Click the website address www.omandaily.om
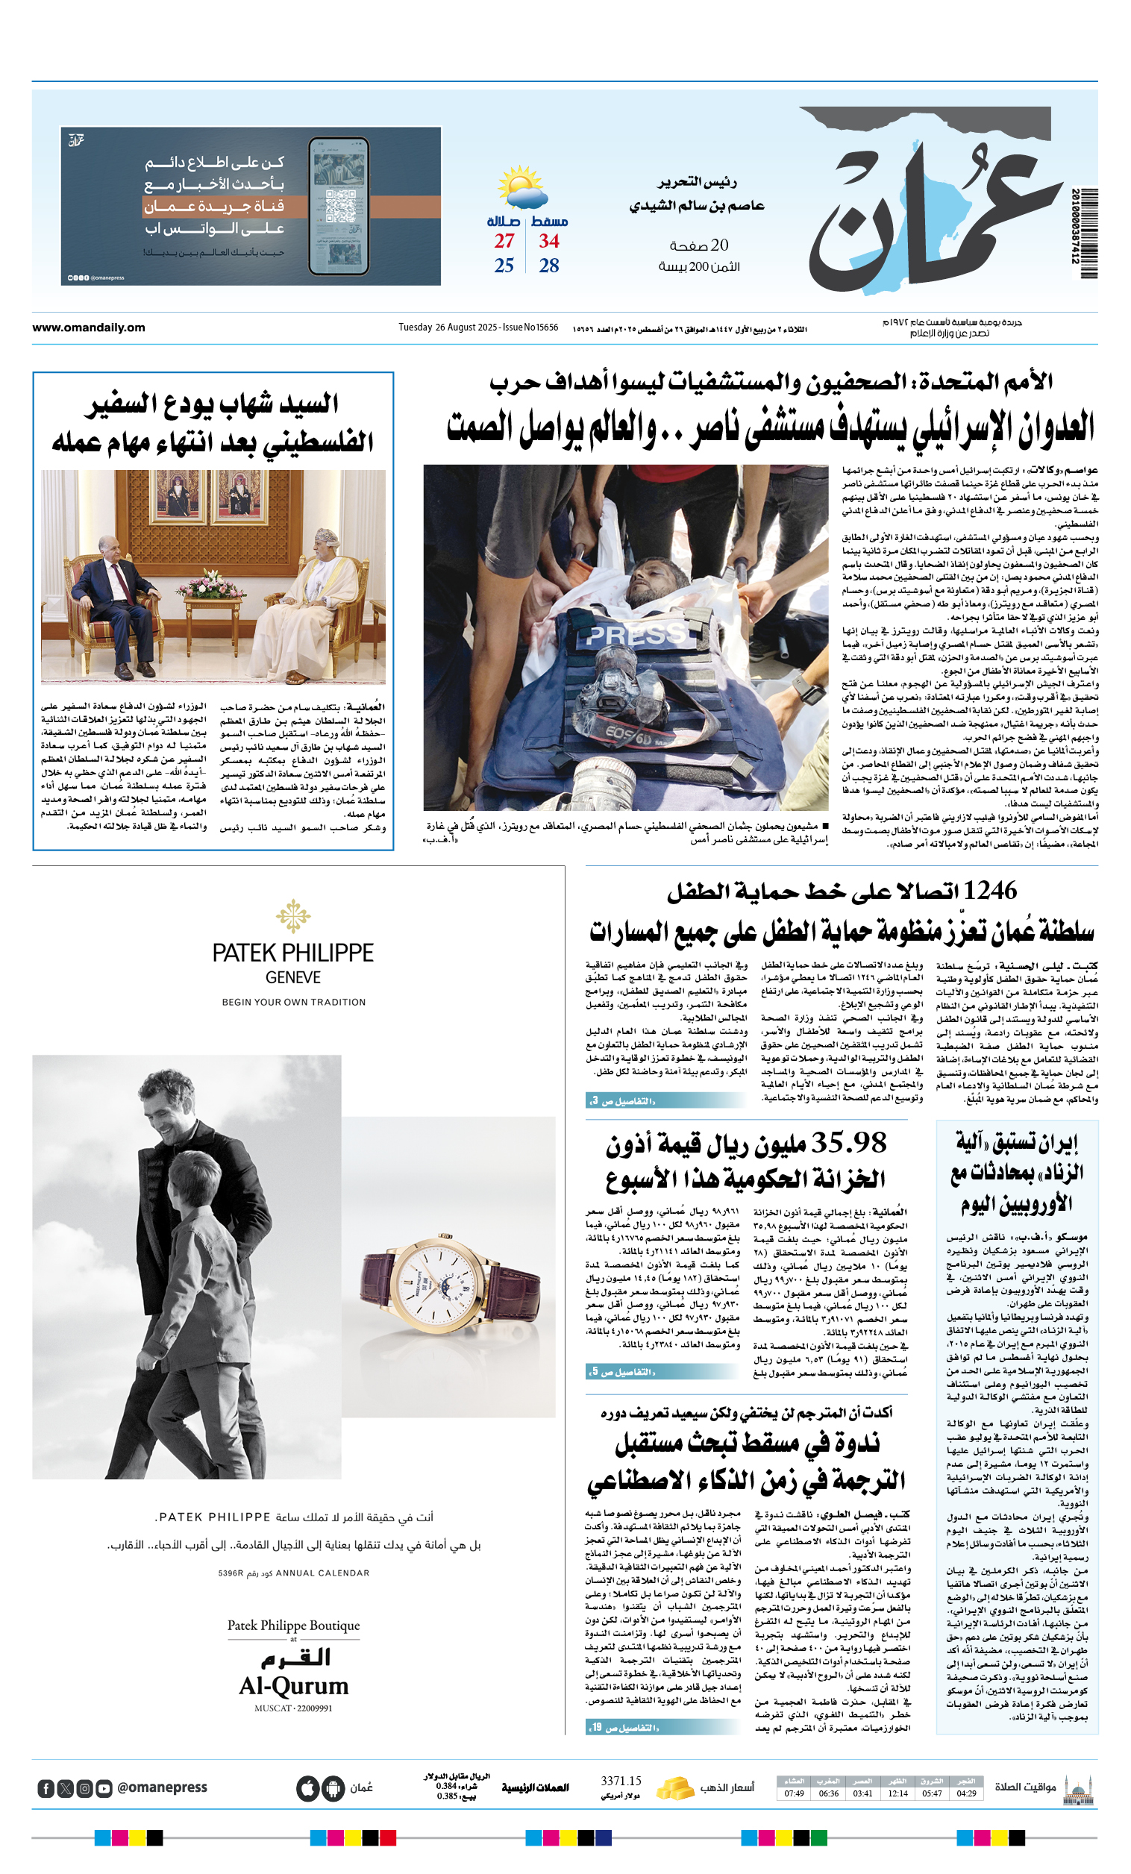(x=88, y=328)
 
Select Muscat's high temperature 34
(x=548, y=241)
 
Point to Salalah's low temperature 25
(x=504, y=266)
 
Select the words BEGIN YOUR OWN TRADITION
(x=294, y=1003)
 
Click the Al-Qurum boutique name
(x=294, y=1686)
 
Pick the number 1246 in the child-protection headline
(x=989, y=891)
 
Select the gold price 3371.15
(x=621, y=1781)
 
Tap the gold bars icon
(x=674, y=1787)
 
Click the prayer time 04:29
(x=966, y=1793)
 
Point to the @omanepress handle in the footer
(x=162, y=1787)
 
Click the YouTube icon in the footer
(x=104, y=1789)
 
